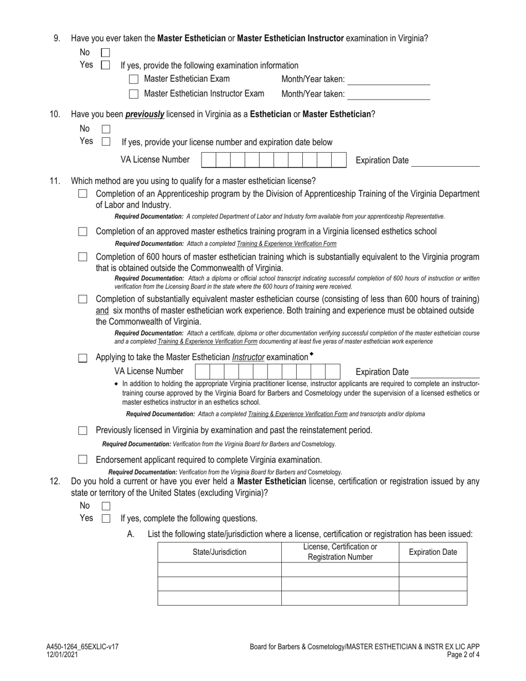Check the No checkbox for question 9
click(105, 53)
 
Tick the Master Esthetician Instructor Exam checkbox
click(133, 94)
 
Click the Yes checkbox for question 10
click(106, 142)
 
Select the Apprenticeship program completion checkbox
click(83, 194)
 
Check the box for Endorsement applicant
click(83, 460)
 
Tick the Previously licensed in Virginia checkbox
click(83, 430)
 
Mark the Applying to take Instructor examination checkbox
click(83, 358)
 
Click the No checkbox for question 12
click(106, 506)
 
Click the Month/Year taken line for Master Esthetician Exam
click(389, 80)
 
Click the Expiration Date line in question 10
click(446, 162)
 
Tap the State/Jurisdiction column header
click(219, 552)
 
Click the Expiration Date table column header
click(433, 552)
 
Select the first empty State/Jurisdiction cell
click(219, 570)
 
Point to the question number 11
click(55, 181)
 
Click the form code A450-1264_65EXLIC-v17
click(82, 647)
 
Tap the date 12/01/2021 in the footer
click(62, 654)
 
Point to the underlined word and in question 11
click(102, 311)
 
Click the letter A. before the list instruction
click(131, 534)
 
